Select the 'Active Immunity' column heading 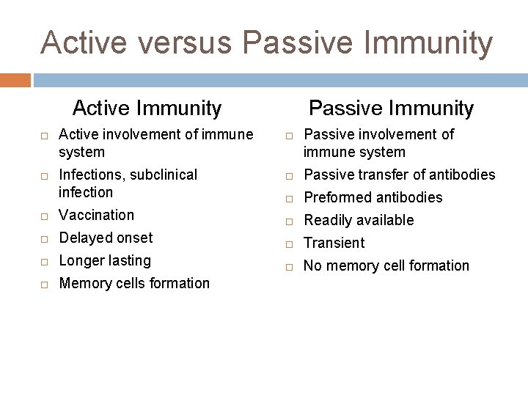click(x=147, y=109)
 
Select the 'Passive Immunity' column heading click(x=391, y=109)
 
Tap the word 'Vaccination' click(x=96, y=215)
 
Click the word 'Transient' click(x=334, y=243)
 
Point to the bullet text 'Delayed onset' click(x=106, y=238)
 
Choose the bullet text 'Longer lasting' click(x=105, y=260)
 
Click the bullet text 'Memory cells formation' click(x=133, y=283)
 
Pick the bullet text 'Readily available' click(x=359, y=220)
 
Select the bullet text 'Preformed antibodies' click(x=373, y=197)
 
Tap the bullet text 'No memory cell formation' click(x=386, y=265)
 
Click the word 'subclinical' click(x=161, y=175)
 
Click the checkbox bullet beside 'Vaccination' click(x=44, y=216)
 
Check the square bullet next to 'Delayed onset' click(x=44, y=239)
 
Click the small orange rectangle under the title click(x=15, y=79)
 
